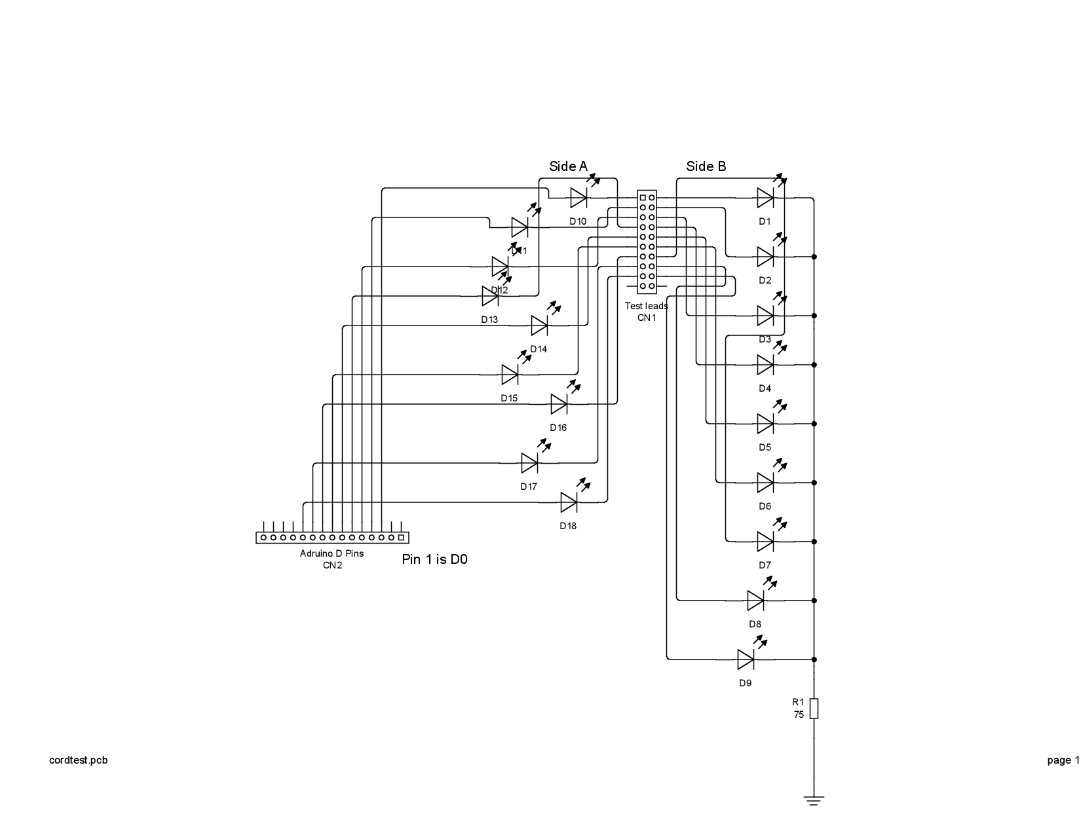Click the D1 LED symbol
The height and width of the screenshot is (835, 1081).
(765, 197)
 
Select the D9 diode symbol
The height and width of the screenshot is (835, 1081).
(746, 659)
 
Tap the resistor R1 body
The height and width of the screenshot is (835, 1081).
(814, 709)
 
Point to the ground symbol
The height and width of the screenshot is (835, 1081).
(814, 800)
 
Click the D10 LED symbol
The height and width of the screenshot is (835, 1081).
(578, 197)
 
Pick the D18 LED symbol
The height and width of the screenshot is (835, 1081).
(569, 502)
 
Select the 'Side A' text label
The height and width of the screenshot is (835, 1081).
(568, 166)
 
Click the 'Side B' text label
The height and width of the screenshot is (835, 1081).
(706, 166)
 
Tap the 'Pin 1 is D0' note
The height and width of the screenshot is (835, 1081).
(434, 559)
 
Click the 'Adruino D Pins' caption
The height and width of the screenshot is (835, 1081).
(332, 553)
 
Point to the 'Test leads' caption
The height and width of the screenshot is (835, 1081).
(646, 306)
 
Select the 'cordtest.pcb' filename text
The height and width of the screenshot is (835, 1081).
(78, 760)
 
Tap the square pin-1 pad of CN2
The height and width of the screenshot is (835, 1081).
(401, 538)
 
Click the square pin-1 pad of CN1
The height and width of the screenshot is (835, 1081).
(643, 197)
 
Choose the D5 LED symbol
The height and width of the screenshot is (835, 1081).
(765, 424)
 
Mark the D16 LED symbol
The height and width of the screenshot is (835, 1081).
(559, 404)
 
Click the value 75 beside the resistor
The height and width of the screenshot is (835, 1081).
(799, 715)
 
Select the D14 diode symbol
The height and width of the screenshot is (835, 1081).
(539, 325)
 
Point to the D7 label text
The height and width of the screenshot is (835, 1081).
(765, 565)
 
